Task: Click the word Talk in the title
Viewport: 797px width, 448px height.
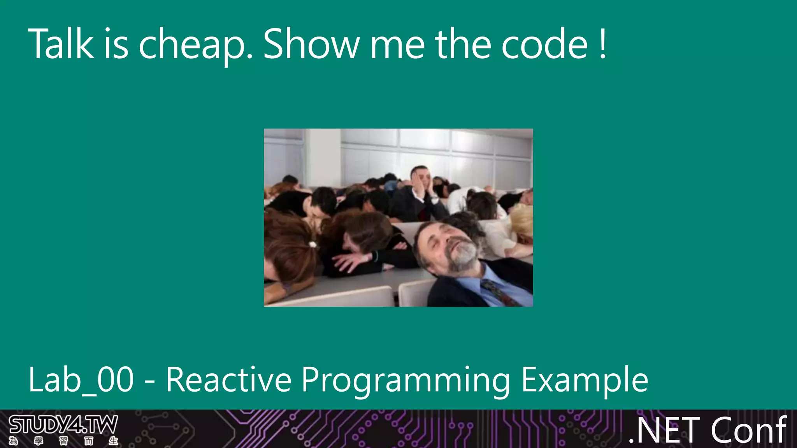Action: click(61, 44)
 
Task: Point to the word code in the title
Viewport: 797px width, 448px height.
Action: click(544, 44)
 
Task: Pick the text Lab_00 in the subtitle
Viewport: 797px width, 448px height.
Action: click(81, 380)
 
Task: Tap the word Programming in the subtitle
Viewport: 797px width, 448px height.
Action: click(406, 380)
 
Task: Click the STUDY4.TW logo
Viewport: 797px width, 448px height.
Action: click(63, 425)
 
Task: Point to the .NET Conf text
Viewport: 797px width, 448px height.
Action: click(707, 430)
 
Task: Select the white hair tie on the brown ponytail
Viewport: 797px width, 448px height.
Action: click(312, 245)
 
